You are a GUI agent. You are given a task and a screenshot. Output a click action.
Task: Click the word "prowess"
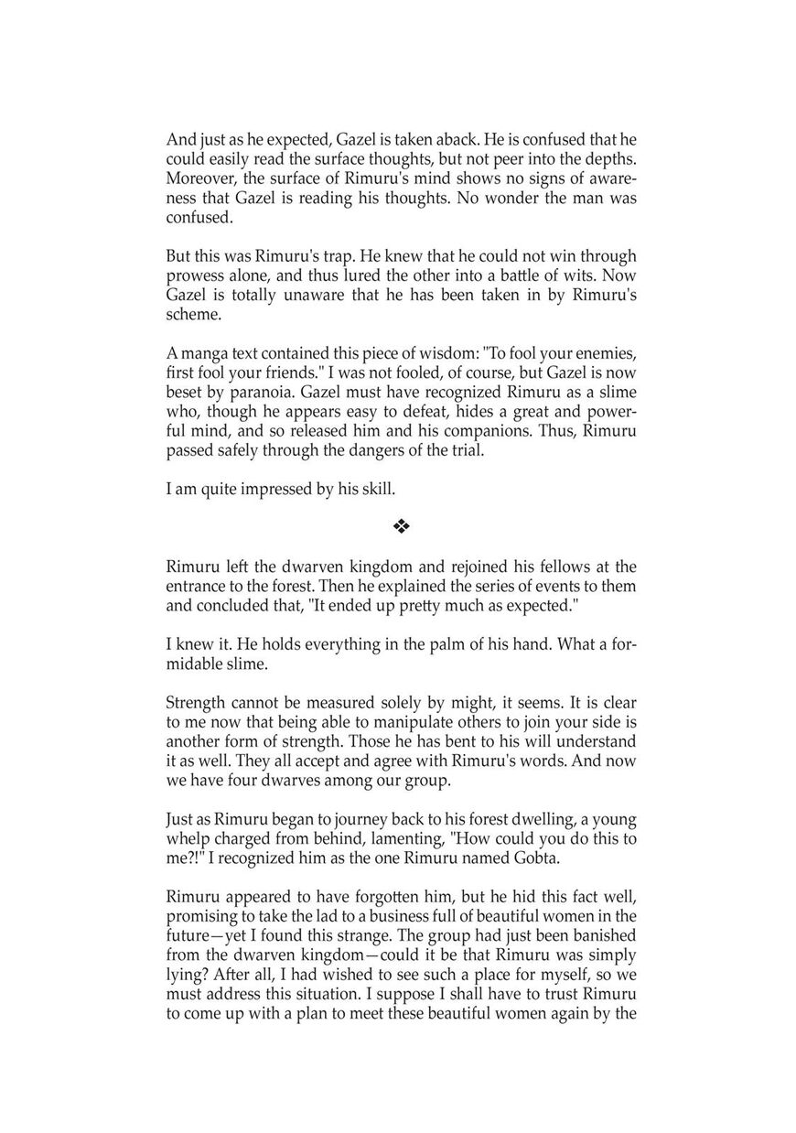point(195,275)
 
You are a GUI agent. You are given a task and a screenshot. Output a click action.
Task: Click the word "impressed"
point(264,490)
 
